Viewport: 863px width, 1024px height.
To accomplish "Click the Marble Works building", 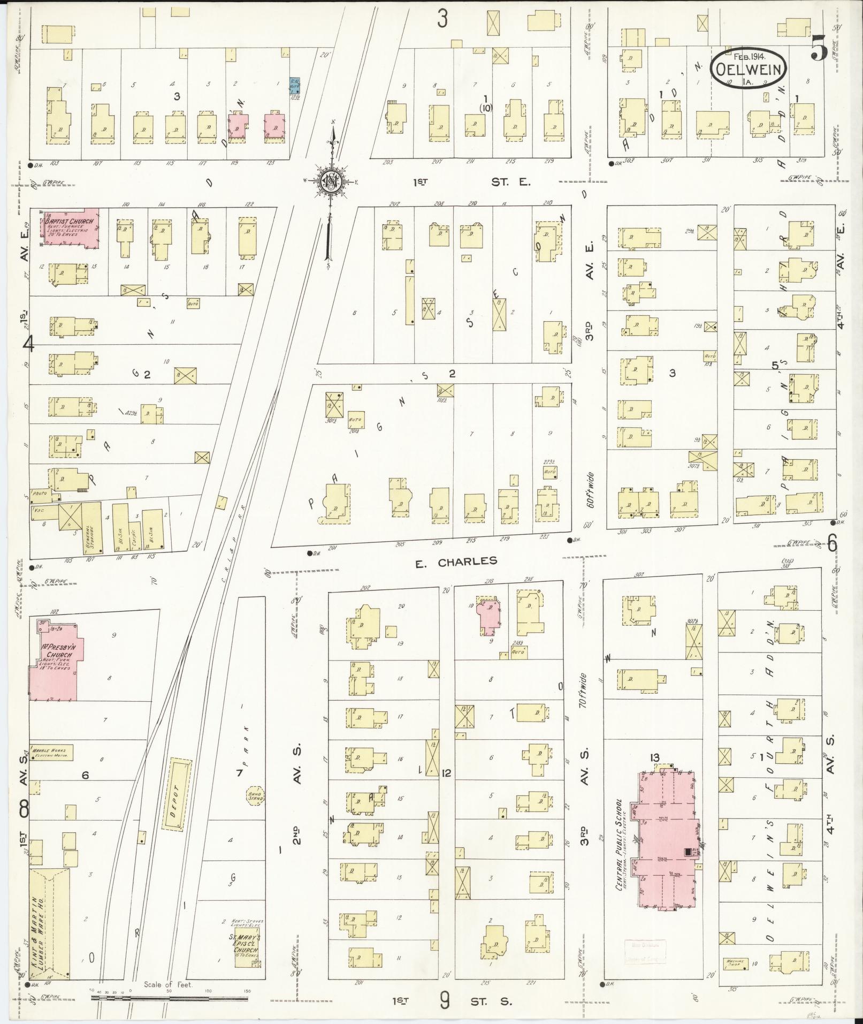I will pyautogui.click(x=51, y=752).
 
